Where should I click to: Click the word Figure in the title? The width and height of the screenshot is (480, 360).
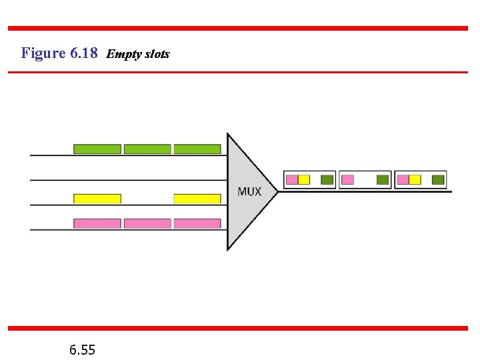click(x=43, y=53)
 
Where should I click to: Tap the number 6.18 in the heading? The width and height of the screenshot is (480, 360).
click(x=83, y=53)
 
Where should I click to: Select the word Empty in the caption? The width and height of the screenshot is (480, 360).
click(x=121, y=54)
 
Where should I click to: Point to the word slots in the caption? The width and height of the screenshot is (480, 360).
click(x=155, y=54)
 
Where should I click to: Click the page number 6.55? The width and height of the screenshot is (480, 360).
click(x=82, y=349)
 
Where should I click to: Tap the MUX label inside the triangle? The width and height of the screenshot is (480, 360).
click(x=249, y=191)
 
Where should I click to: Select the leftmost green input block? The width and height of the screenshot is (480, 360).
click(x=97, y=149)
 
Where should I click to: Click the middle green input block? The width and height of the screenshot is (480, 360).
click(x=147, y=149)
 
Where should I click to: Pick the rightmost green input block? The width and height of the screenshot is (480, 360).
click(x=197, y=149)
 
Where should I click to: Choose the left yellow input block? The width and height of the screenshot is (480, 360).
click(x=97, y=199)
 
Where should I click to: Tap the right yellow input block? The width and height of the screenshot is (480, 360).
click(x=197, y=199)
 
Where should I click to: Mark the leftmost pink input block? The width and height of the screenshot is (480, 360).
click(x=97, y=223)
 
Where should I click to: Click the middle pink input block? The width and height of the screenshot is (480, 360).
click(x=147, y=223)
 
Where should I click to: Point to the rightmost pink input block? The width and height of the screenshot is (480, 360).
click(x=197, y=223)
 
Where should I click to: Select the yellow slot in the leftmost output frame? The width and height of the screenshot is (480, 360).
click(x=304, y=179)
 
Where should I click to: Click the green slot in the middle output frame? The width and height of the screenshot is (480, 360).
click(x=382, y=179)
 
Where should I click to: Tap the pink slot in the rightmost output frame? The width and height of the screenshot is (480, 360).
click(x=403, y=179)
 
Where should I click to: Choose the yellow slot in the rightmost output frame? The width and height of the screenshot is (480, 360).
click(x=415, y=179)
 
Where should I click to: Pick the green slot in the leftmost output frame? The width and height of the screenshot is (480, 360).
click(x=327, y=179)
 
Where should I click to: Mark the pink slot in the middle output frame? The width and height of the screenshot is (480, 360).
click(x=347, y=179)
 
